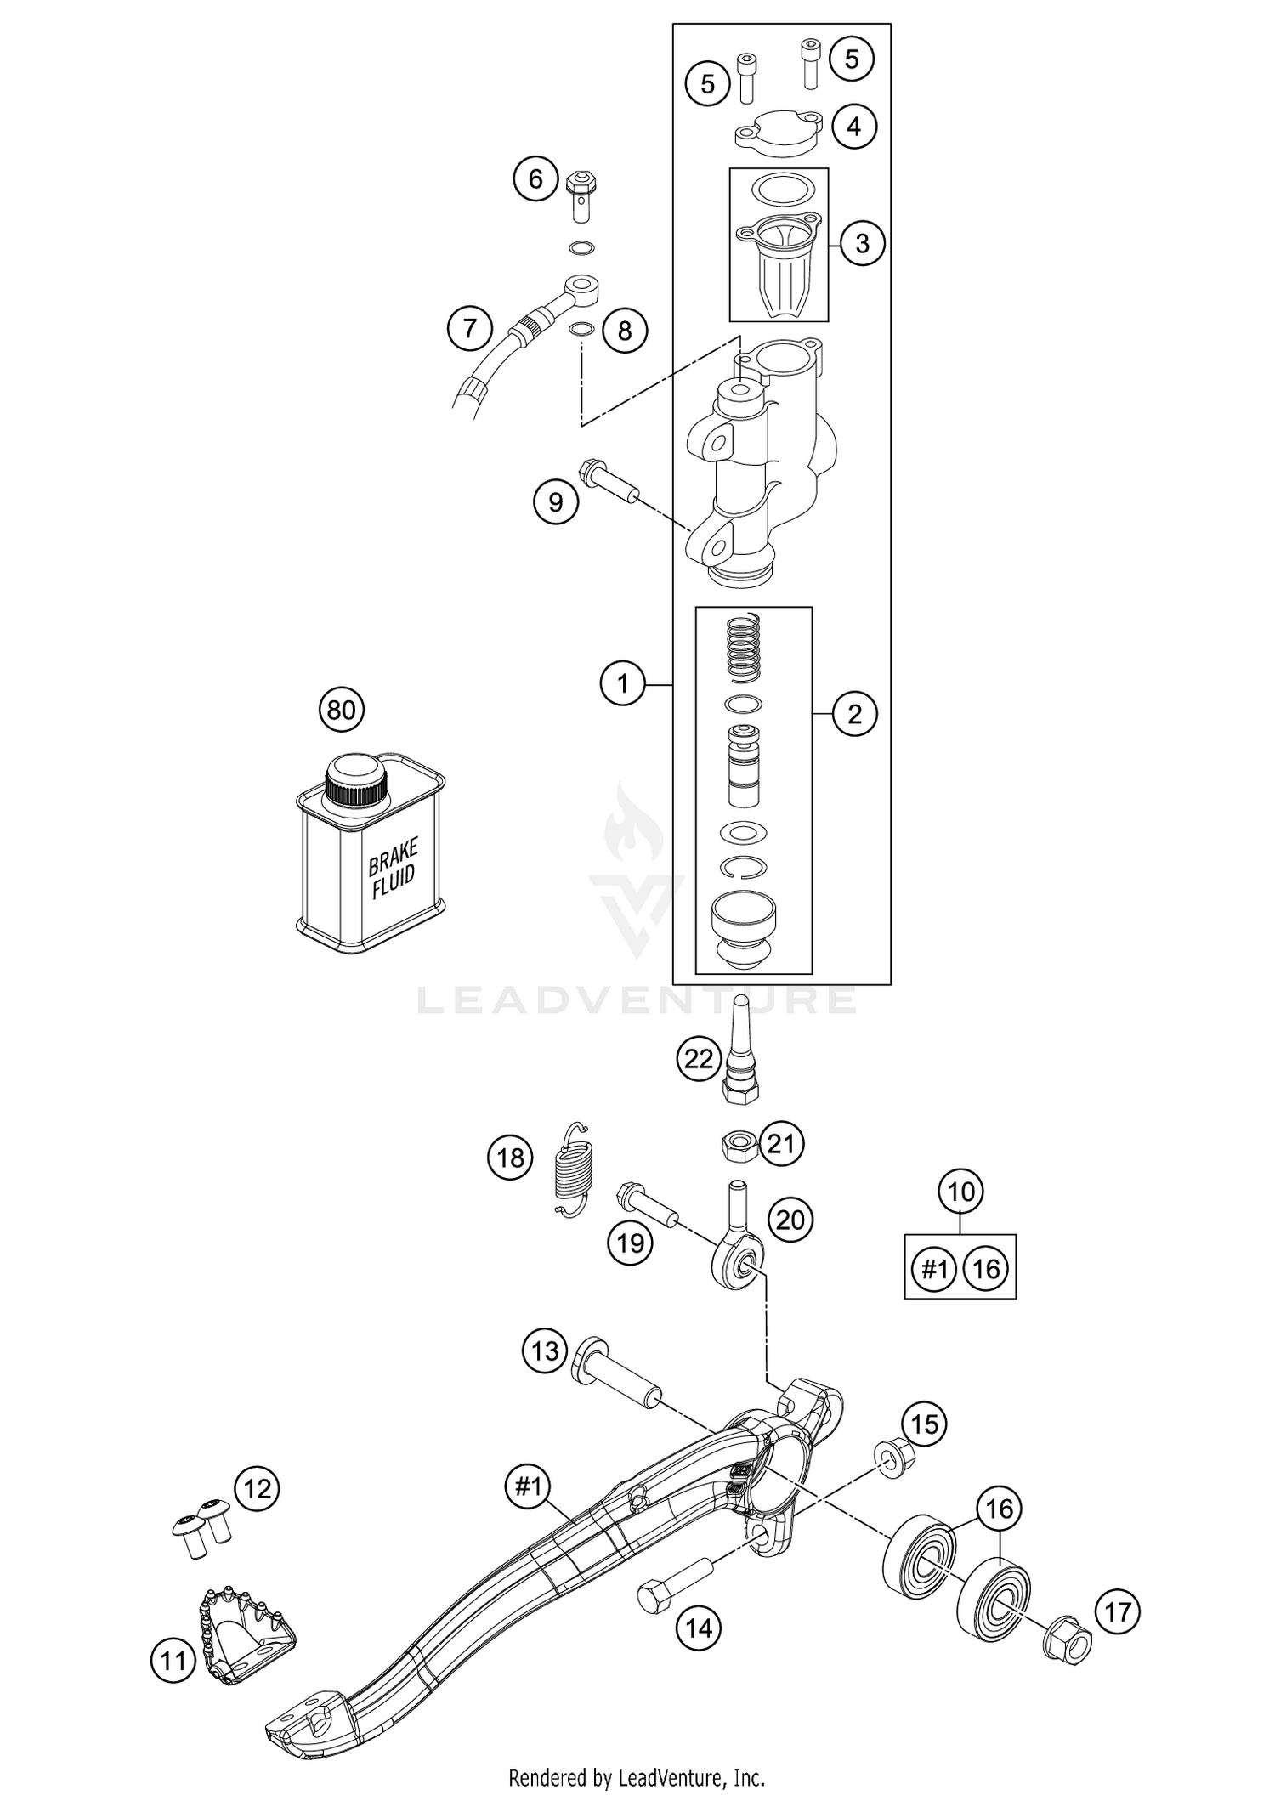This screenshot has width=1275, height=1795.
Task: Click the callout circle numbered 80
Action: [x=341, y=709]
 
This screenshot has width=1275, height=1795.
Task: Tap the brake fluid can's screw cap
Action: [x=356, y=781]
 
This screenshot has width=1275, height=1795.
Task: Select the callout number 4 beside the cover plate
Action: [x=853, y=127]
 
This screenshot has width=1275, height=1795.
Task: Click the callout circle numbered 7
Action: [x=471, y=328]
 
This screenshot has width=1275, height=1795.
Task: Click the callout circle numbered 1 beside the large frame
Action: [x=622, y=683]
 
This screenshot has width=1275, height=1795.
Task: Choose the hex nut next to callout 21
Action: [x=736, y=1147]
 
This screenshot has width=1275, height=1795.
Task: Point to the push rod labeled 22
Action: [x=740, y=1054]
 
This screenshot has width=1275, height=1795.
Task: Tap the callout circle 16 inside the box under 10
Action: [x=986, y=1270]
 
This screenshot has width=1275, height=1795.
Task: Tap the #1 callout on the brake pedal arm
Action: [x=528, y=1486]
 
